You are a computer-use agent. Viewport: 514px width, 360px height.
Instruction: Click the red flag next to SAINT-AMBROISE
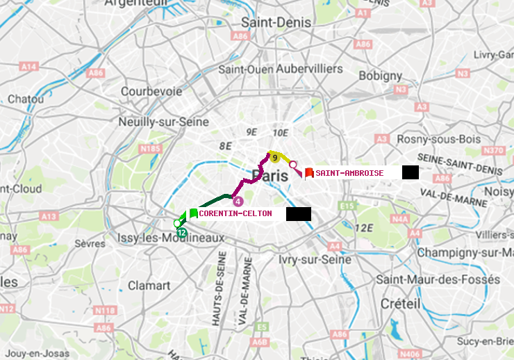pyautogui.click(x=309, y=173)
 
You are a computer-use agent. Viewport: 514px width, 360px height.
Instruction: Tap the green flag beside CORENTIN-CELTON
pyautogui.click(x=193, y=214)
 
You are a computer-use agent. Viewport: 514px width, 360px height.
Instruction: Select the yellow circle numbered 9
pyautogui.click(x=275, y=158)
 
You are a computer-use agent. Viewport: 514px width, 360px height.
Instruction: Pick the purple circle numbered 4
pyautogui.click(x=238, y=202)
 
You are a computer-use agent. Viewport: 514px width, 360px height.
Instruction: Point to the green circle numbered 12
pyautogui.click(x=181, y=232)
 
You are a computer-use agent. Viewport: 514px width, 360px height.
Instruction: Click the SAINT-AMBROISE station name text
pyautogui.click(x=349, y=173)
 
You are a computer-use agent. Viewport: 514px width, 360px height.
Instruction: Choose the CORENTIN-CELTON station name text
pyautogui.click(x=235, y=214)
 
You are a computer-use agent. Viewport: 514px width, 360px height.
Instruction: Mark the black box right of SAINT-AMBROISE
pyautogui.click(x=410, y=172)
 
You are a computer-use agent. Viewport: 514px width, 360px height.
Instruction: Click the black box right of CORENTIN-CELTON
pyautogui.click(x=298, y=214)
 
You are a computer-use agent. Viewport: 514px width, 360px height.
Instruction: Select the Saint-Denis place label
pyautogui.click(x=276, y=23)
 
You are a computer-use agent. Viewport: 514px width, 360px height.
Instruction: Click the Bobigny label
pyautogui.click(x=379, y=75)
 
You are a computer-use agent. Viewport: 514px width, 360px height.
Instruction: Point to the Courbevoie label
pyautogui.click(x=151, y=91)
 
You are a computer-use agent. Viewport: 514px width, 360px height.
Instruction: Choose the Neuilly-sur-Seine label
pyautogui.click(x=164, y=122)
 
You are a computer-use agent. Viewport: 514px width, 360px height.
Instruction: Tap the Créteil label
pyautogui.click(x=400, y=304)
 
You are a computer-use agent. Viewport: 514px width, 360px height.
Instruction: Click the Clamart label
pyautogui.click(x=149, y=286)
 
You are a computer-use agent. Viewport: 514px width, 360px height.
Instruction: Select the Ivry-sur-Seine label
pyautogui.click(x=315, y=259)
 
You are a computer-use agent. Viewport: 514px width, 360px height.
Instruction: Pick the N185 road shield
pyautogui.click(x=150, y=148)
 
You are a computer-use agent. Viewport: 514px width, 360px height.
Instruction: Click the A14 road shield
pyautogui.click(x=28, y=67)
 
